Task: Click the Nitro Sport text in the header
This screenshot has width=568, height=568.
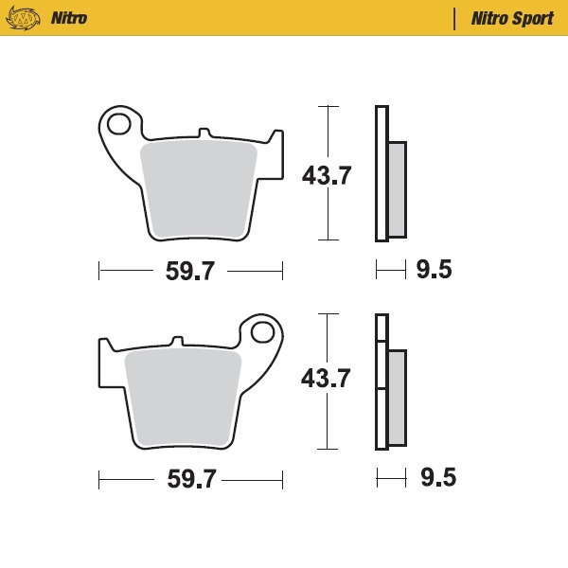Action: click(x=512, y=18)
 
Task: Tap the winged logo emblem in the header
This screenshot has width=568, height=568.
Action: click(x=23, y=18)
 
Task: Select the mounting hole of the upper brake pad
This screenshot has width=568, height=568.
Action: click(x=118, y=124)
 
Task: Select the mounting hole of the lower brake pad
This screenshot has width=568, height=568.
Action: click(x=264, y=332)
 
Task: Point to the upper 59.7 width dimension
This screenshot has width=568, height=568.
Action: click(x=190, y=271)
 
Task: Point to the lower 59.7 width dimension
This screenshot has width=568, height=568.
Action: click(x=191, y=479)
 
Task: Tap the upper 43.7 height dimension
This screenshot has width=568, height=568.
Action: click(x=327, y=175)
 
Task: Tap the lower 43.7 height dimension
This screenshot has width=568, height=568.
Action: click(x=326, y=379)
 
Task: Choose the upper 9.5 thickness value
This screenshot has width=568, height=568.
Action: click(x=434, y=270)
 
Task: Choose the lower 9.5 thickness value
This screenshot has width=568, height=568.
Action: click(x=437, y=478)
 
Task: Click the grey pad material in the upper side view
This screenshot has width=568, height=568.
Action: click(x=398, y=188)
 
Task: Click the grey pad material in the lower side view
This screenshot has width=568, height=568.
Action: click(x=397, y=398)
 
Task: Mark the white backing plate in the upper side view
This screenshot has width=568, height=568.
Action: click(x=382, y=173)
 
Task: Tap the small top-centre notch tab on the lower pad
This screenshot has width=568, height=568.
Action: click(x=175, y=340)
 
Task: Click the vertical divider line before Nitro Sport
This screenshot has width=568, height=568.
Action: click(x=455, y=18)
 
